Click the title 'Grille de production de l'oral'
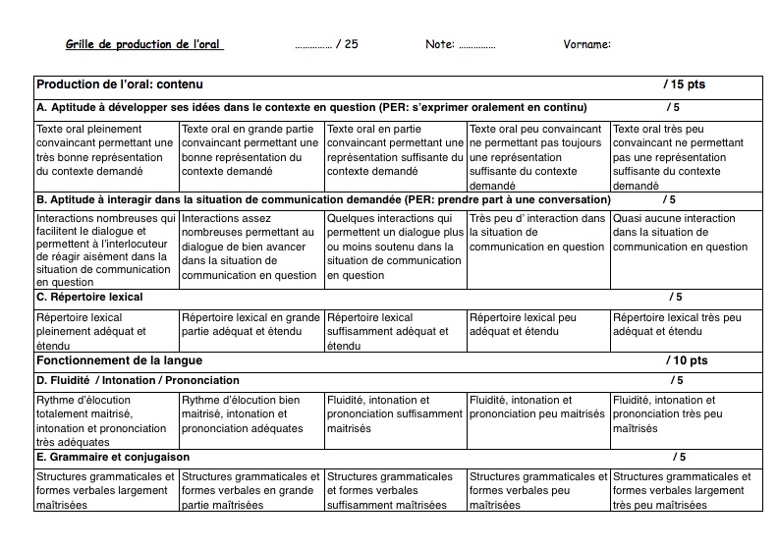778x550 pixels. click(x=144, y=44)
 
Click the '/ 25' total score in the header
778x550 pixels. click(x=347, y=44)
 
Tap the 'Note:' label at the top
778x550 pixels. click(x=440, y=44)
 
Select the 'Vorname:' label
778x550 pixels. click(x=587, y=44)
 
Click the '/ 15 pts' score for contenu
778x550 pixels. click(x=684, y=84)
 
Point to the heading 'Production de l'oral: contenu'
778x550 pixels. click(x=120, y=84)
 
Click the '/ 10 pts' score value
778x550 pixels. click(x=686, y=360)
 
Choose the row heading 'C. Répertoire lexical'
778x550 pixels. click(x=89, y=297)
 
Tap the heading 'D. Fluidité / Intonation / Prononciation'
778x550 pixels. click(x=138, y=380)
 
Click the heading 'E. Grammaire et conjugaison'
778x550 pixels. click(x=113, y=457)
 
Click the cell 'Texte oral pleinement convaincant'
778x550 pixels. click(x=106, y=150)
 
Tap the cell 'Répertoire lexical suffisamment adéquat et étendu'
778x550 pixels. click(x=394, y=332)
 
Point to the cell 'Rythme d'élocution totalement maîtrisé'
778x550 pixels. click(x=106, y=421)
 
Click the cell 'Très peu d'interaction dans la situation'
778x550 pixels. click(x=537, y=233)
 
